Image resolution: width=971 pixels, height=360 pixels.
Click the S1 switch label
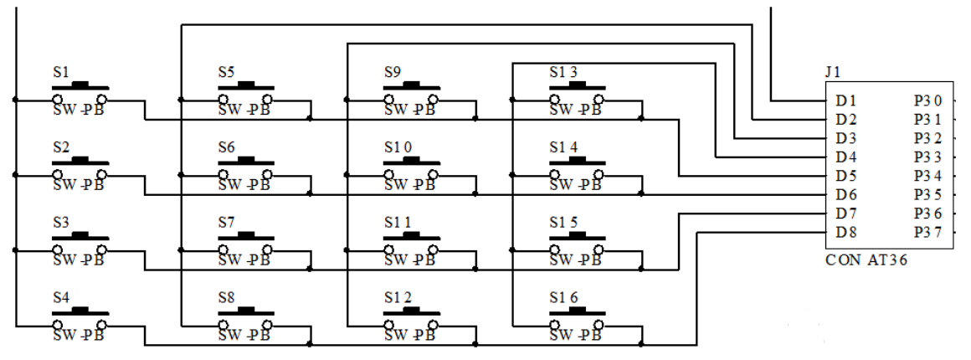[61, 72]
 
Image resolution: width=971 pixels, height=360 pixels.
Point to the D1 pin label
[845, 100]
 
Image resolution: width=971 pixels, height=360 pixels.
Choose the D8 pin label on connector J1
[845, 232]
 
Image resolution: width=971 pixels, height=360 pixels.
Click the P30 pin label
[928, 100]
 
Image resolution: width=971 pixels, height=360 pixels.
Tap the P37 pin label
[928, 232]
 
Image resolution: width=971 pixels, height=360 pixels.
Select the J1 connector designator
[832, 72]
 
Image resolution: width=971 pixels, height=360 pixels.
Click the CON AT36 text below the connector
[866, 260]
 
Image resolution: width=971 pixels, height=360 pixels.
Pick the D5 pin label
[845, 176]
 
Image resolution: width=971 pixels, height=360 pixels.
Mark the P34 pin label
[928, 176]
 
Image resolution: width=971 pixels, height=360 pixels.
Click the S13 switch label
[563, 72]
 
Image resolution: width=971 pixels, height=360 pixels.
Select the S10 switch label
[398, 147]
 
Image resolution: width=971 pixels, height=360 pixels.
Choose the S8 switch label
[226, 297]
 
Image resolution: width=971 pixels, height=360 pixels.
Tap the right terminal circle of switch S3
[101, 249]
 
